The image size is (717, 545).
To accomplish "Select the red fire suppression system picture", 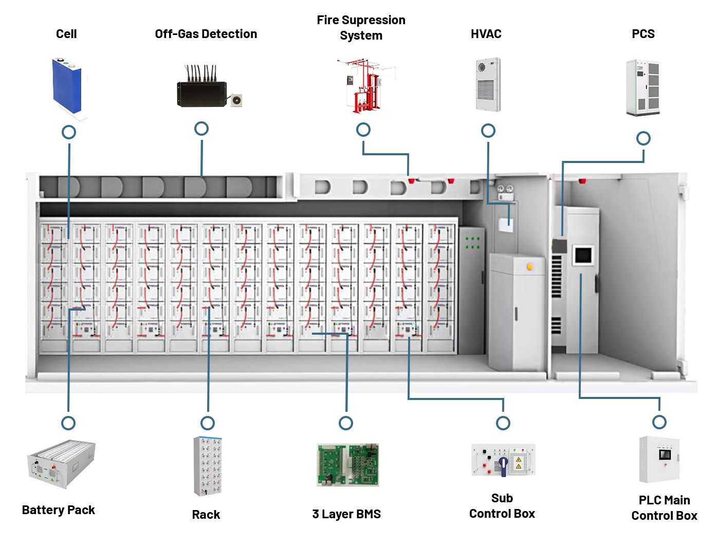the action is [x=365, y=85].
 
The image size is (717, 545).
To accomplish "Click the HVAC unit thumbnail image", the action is [x=488, y=84].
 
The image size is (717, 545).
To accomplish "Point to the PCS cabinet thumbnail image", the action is [x=642, y=87].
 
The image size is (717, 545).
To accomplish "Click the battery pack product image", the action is [x=61, y=464].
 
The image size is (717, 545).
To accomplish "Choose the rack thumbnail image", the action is [x=208, y=466].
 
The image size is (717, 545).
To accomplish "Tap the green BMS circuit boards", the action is [x=347, y=465].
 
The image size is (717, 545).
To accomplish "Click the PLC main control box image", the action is [x=659, y=460].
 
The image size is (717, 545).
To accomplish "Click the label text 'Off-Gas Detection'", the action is [x=206, y=34].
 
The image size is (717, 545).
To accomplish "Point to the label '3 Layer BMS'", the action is [x=346, y=514].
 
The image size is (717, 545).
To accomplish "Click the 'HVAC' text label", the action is [x=486, y=34].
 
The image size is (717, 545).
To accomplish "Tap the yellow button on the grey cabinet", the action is [x=530, y=267].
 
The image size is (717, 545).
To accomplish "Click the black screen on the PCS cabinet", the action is [x=583, y=255].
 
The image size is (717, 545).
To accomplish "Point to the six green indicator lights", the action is [x=472, y=243].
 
